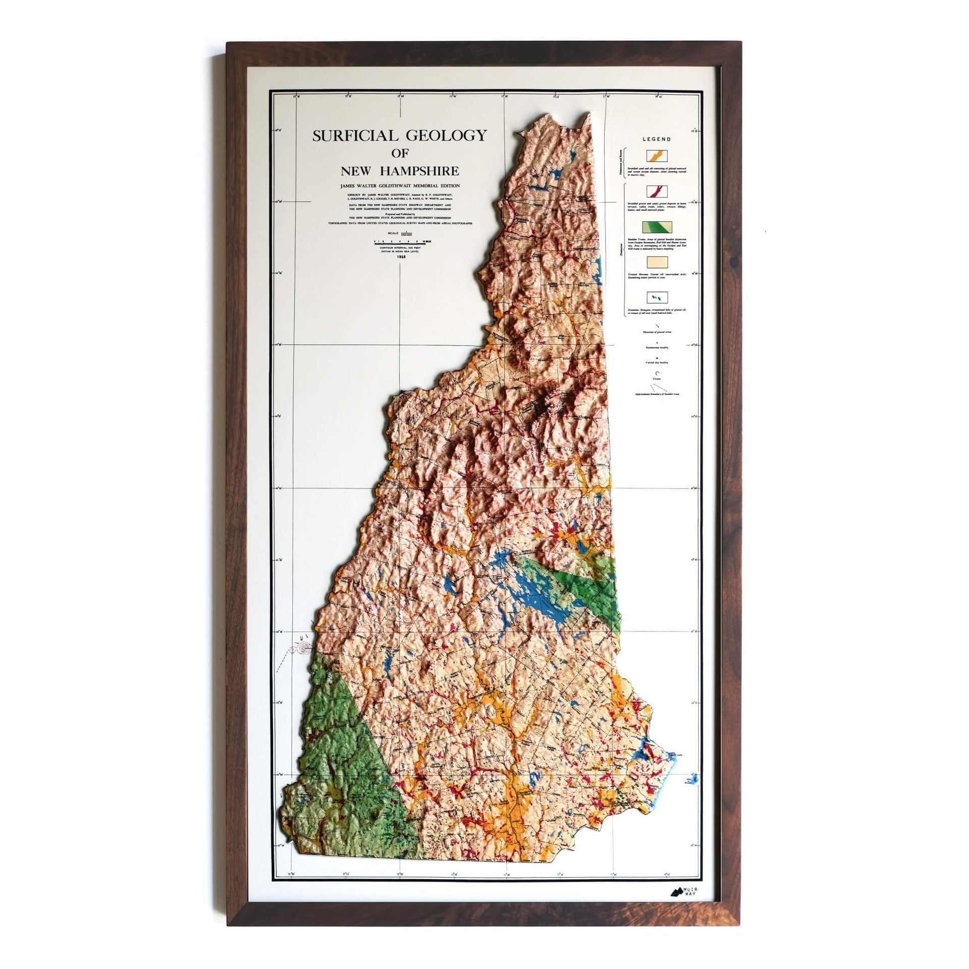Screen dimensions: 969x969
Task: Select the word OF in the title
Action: tap(399, 152)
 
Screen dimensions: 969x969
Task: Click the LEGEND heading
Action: tap(656, 139)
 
